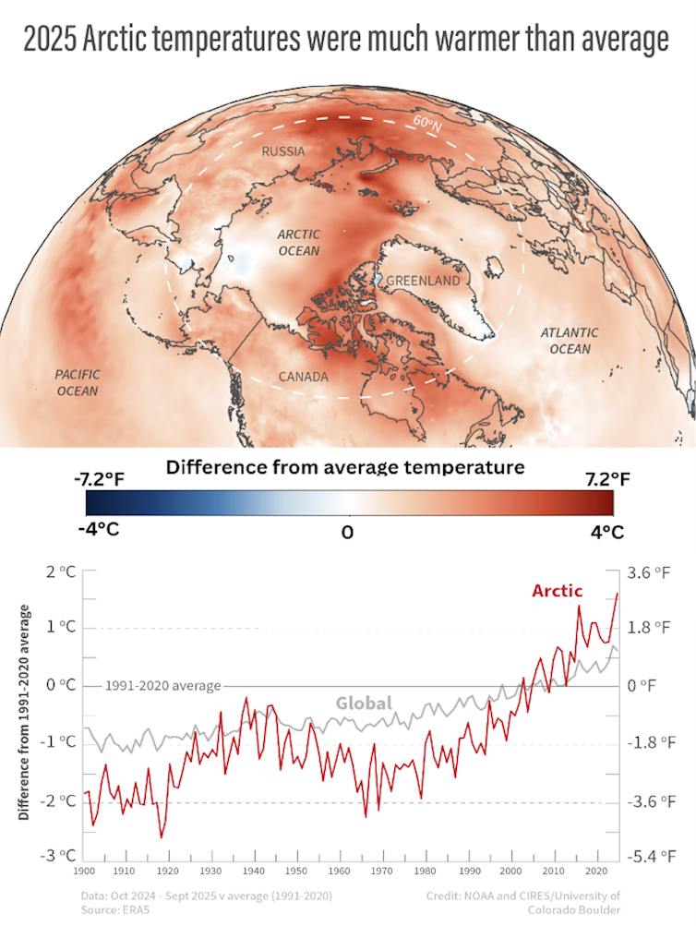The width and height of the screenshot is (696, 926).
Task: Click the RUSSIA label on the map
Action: pyautogui.click(x=283, y=151)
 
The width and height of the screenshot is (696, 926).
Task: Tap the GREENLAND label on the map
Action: pyautogui.click(x=424, y=280)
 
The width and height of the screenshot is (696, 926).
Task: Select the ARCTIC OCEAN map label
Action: pyautogui.click(x=298, y=243)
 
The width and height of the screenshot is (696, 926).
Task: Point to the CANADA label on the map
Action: pyautogui.click(x=304, y=377)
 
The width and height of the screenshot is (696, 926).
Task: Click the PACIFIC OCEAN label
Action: pyautogui.click(x=77, y=382)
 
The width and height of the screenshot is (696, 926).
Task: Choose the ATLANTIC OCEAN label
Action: pyautogui.click(x=569, y=340)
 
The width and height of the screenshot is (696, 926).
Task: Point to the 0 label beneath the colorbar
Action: pyautogui.click(x=347, y=533)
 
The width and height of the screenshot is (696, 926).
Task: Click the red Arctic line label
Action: pyautogui.click(x=557, y=591)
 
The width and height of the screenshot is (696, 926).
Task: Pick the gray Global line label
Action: pyautogui.click(x=364, y=704)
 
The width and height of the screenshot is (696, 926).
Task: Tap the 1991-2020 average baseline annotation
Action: pyautogui.click(x=163, y=686)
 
